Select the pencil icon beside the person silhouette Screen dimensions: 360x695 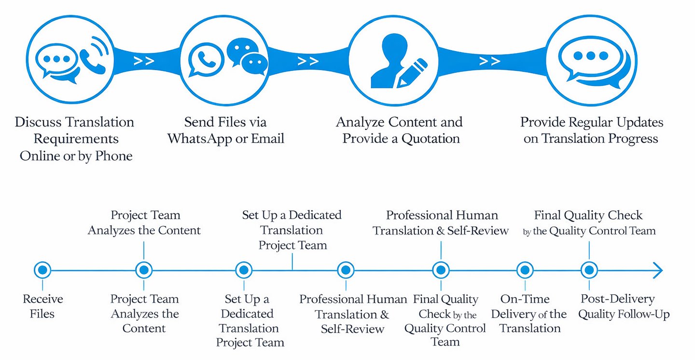412,72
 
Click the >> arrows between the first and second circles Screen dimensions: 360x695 144,61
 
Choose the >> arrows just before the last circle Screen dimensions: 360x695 489,61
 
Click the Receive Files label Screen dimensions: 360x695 42,306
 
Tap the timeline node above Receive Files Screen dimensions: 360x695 42,270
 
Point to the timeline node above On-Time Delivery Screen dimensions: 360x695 525,270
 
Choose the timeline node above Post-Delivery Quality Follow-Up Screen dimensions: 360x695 589,270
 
